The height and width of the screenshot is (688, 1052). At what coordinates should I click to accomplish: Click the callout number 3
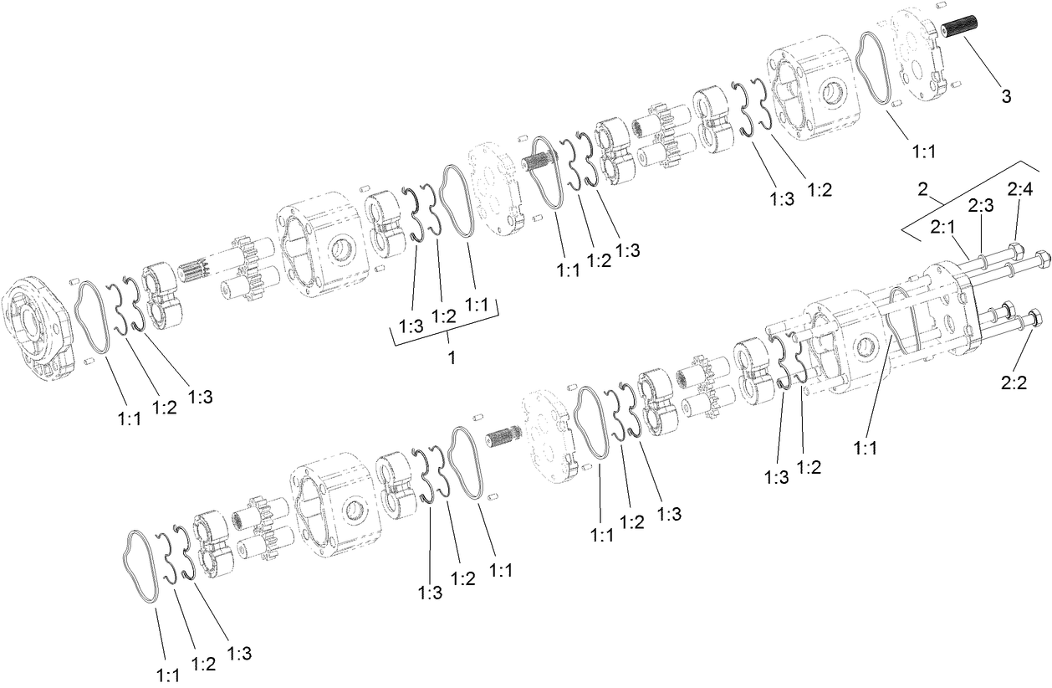pos(1006,96)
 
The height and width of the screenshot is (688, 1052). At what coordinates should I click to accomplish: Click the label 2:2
pos(1013,383)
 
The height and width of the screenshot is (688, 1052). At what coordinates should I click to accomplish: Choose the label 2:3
pos(981,206)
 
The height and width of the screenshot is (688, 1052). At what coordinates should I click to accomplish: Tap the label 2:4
pos(1019,191)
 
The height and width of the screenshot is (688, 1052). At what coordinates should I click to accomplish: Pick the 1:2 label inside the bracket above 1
pos(443,316)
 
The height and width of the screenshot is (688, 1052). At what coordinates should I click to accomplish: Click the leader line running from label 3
pos(983,64)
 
